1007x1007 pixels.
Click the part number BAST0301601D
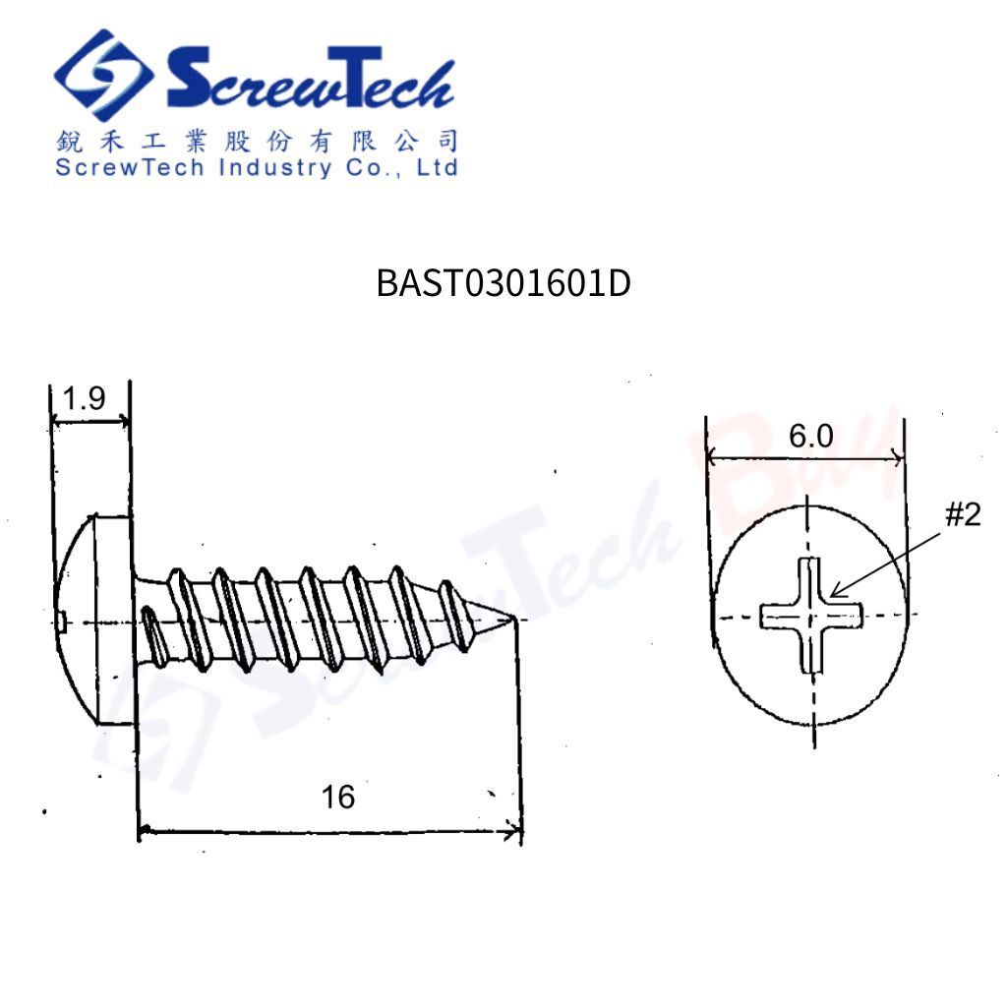(503, 284)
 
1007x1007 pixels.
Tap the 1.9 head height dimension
(84, 398)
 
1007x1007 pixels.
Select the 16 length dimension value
(337, 797)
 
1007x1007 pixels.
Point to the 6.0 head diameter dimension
(810, 436)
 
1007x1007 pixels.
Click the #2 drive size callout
(962, 514)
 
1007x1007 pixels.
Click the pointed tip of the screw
(513, 620)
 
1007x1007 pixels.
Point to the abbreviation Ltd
(437, 167)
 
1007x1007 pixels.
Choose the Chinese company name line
(256, 141)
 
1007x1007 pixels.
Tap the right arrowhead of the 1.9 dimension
(123, 421)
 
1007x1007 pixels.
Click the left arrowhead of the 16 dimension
(145, 833)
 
